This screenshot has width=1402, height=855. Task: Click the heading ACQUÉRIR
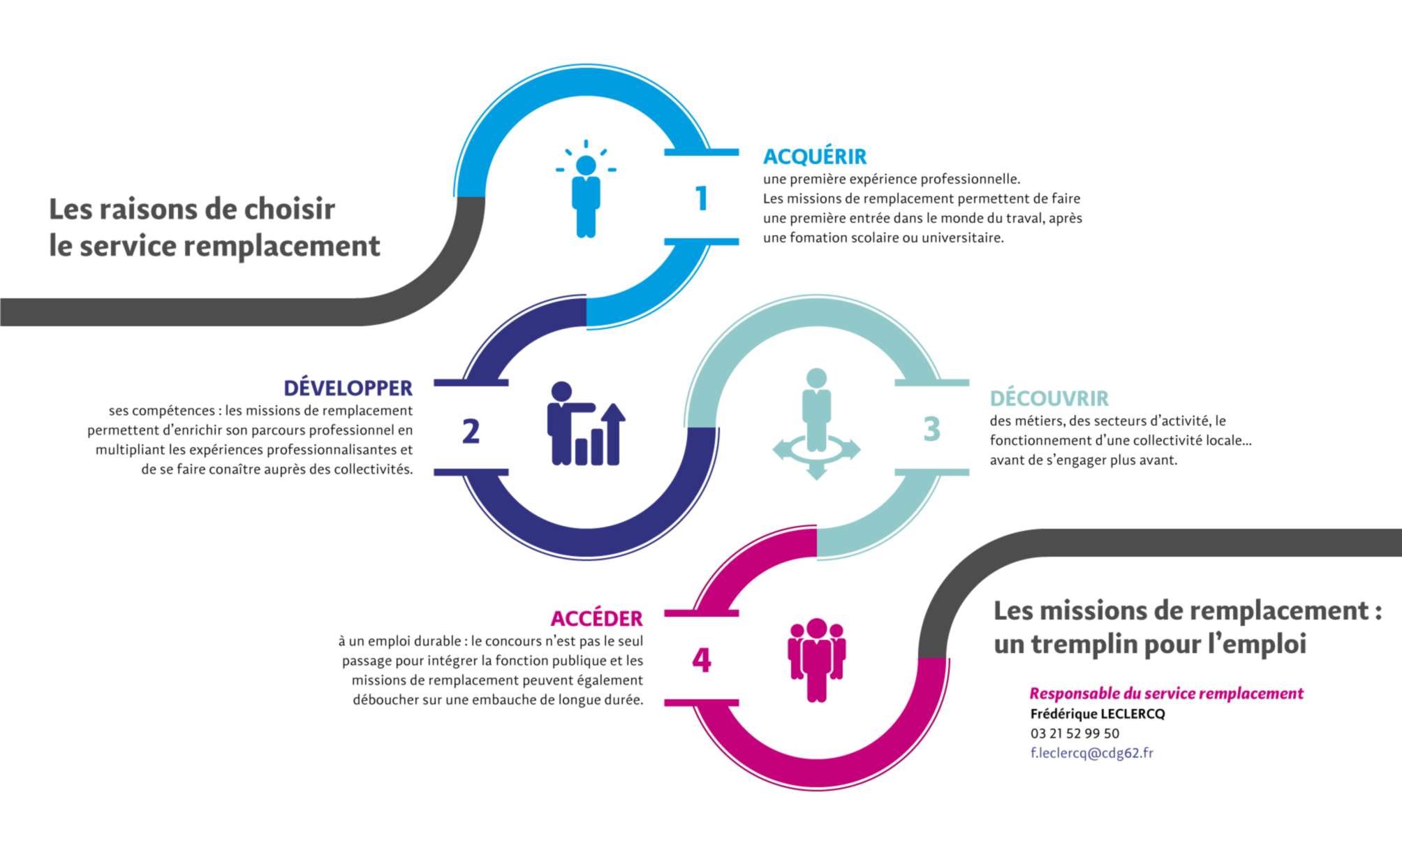[x=814, y=156]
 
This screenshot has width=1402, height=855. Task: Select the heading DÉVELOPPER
[x=348, y=388]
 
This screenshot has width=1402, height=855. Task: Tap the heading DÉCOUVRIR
[x=1049, y=398]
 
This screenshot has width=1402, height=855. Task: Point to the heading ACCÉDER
[x=596, y=618]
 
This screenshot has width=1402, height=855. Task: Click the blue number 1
[x=702, y=198]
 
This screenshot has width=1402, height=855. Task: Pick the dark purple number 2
[x=471, y=431]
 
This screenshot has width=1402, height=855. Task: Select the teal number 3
[x=931, y=429]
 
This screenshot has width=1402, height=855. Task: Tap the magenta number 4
[x=701, y=660]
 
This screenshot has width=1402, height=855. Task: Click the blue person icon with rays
[x=586, y=192]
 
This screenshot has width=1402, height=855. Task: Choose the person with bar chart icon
[x=585, y=425]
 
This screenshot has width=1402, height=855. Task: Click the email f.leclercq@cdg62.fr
[x=1091, y=753]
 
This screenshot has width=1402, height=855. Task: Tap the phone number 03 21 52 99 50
[x=1075, y=733]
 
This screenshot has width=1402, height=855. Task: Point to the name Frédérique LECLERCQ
[x=1098, y=714]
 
